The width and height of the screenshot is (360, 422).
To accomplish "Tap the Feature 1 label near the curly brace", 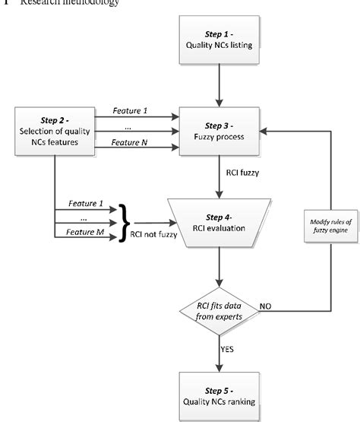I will pos(84,203).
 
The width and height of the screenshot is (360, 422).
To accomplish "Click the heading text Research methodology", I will pos(60,3).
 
